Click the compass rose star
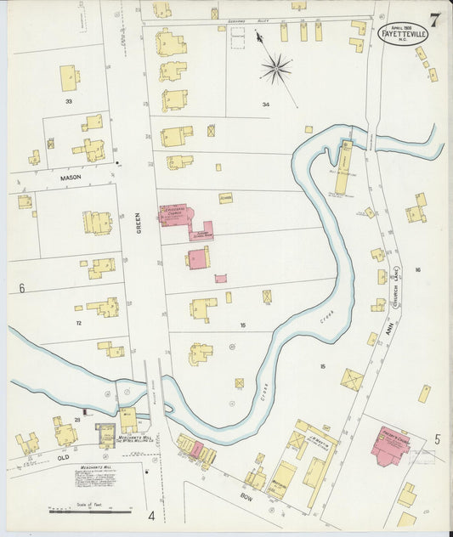point(276,68)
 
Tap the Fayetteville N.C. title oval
point(403,36)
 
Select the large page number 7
point(433,21)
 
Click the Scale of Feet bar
point(89,512)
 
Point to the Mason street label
point(70,178)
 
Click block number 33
point(69,101)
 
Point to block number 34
point(265,105)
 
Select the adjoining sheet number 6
point(21,288)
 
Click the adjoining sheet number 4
point(151,516)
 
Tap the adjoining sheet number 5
point(438,439)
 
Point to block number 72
point(77,324)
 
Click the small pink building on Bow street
point(197,448)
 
